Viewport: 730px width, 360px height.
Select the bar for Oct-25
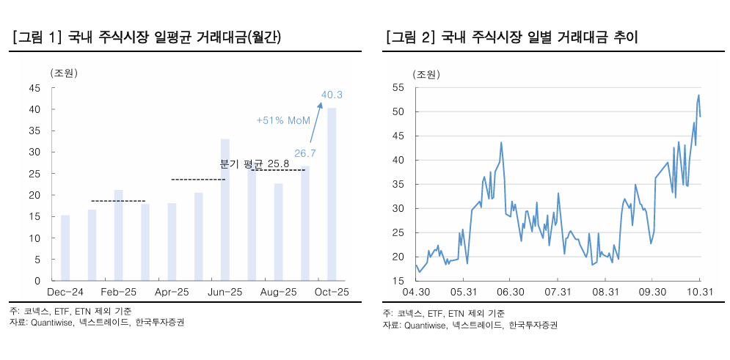(x=332, y=194)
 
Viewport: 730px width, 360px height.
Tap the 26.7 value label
(x=304, y=153)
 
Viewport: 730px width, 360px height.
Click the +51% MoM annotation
(x=283, y=120)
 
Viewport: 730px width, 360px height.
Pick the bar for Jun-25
(x=225, y=210)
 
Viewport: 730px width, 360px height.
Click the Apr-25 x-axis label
(x=172, y=292)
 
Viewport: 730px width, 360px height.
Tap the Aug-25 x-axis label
(x=279, y=292)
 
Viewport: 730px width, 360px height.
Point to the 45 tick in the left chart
(x=34, y=88)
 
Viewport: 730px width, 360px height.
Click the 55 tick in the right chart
(x=399, y=87)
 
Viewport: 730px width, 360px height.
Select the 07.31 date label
(x=558, y=292)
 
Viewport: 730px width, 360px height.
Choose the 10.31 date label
(x=699, y=292)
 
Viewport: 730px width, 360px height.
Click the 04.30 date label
(x=416, y=292)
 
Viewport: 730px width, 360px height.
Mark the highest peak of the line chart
(x=698, y=95)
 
